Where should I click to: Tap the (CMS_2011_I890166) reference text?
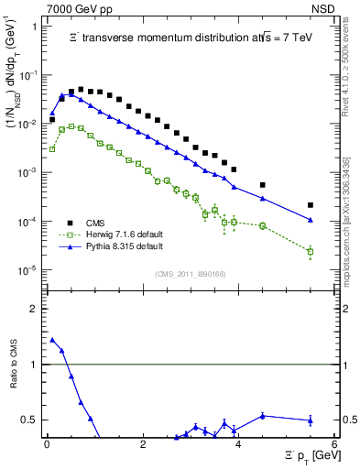pos(191,273)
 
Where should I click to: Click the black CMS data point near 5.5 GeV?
pos(311,205)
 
